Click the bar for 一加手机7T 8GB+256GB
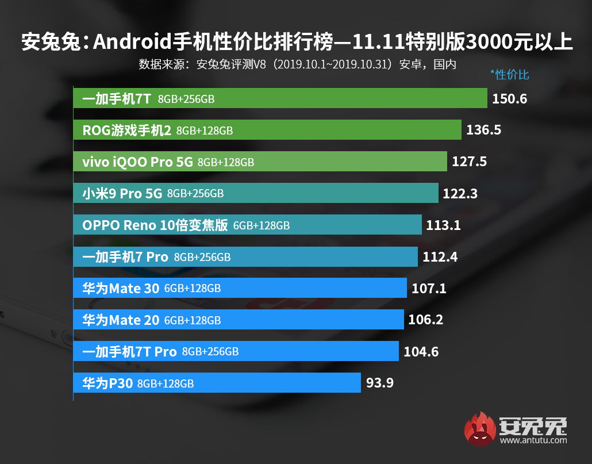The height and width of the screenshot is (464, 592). [x=280, y=99]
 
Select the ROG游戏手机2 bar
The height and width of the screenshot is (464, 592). [x=267, y=131]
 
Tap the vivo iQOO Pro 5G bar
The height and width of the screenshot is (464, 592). [x=260, y=162]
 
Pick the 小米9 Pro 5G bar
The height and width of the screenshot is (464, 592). [x=256, y=194]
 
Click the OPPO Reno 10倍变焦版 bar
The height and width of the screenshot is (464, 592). [x=247, y=225]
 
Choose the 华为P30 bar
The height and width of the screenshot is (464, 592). [x=217, y=382]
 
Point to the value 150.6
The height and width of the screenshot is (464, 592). [x=509, y=99]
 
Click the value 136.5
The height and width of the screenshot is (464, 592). [x=483, y=131]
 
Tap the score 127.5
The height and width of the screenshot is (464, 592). [x=469, y=162]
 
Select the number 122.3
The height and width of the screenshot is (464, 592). [x=460, y=194]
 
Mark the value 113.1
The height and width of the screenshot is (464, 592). [x=443, y=225]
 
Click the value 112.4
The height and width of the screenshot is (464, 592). [x=440, y=257]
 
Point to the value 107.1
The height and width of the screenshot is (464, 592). [x=429, y=288]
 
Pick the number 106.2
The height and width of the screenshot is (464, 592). [x=425, y=320]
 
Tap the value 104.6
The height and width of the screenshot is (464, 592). [x=421, y=351]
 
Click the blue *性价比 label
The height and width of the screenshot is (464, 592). [x=509, y=75]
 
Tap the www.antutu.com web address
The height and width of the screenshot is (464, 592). [x=533, y=440]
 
